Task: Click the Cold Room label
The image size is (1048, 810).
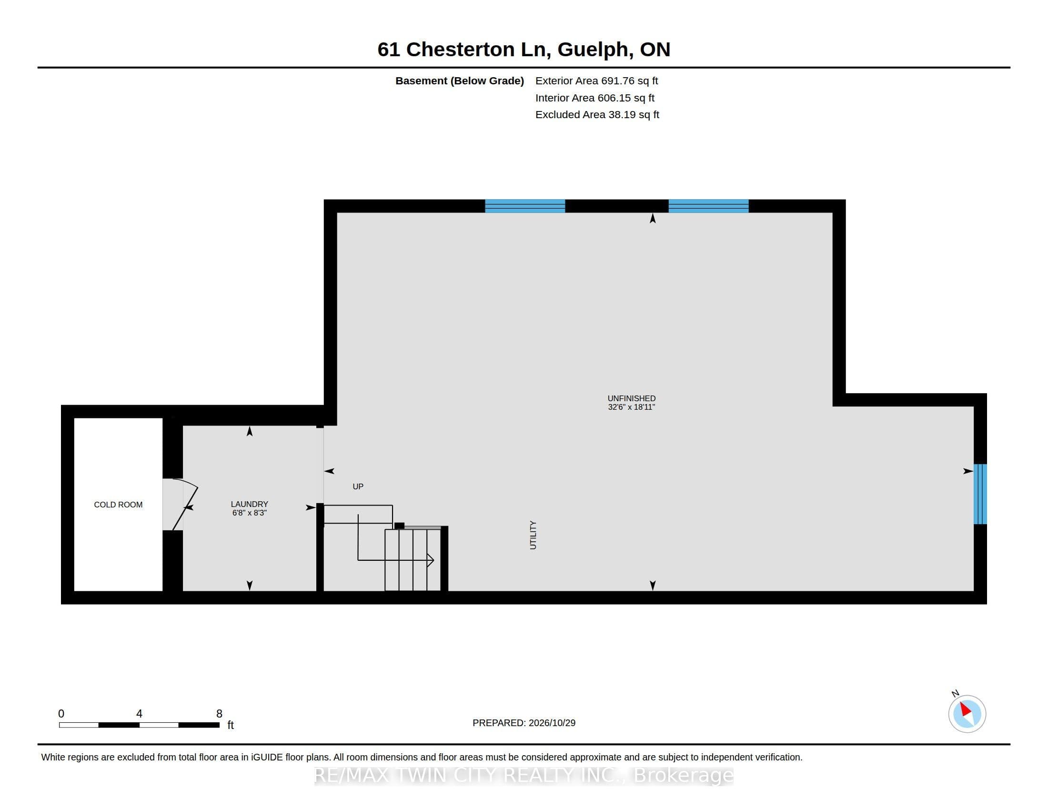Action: coord(118,504)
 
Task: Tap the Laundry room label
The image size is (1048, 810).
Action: coord(249,504)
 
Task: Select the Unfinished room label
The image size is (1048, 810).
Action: coord(632,398)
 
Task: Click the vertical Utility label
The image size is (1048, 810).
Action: coord(533,535)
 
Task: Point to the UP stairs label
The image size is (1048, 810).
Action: coord(358,486)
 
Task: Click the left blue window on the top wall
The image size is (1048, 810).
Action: coord(525,206)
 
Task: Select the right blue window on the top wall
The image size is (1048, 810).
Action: coord(708,206)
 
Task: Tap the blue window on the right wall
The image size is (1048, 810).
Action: coord(980,494)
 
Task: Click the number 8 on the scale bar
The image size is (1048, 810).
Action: coord(219,714)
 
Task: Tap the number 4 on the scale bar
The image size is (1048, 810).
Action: coord(139,714)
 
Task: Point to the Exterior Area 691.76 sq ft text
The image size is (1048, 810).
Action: coord(596,81)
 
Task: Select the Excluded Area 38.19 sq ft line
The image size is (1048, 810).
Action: coord(597,114)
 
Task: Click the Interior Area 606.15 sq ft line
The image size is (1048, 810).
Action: coord(595,97)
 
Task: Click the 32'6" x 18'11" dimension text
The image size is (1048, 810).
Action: coord(632,407)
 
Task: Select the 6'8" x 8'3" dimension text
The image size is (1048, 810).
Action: coord(249,513)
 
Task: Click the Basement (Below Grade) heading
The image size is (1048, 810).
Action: coord(459,81)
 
